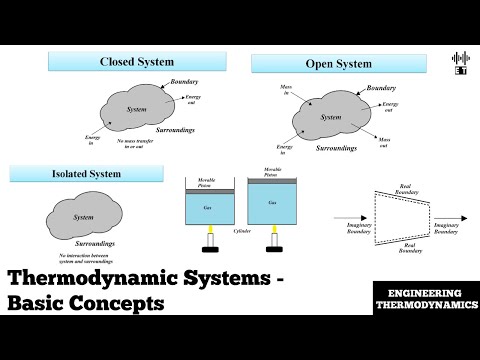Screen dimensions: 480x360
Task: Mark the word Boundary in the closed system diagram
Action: tap(184, 81)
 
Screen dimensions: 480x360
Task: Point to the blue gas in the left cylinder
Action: tap(210, 210)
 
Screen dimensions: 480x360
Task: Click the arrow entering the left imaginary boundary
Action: tap(345, 215)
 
